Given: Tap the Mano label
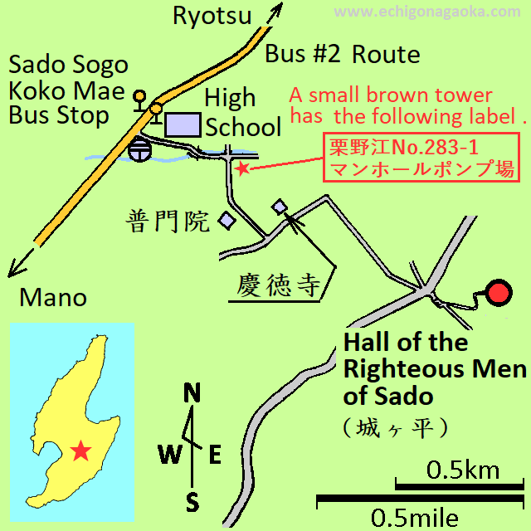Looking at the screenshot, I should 53,297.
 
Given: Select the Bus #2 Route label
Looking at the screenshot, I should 342,56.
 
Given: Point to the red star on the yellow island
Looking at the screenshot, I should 80,451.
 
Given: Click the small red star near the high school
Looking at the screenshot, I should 241,168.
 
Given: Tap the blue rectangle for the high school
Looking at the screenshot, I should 183,124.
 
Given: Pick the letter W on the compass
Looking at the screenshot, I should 170,454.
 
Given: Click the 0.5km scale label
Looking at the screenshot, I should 463,470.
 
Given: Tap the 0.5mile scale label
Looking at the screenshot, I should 414,518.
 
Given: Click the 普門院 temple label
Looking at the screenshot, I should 169,221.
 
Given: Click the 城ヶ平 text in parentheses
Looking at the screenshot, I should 395,427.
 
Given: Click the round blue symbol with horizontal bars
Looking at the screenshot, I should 140,150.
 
